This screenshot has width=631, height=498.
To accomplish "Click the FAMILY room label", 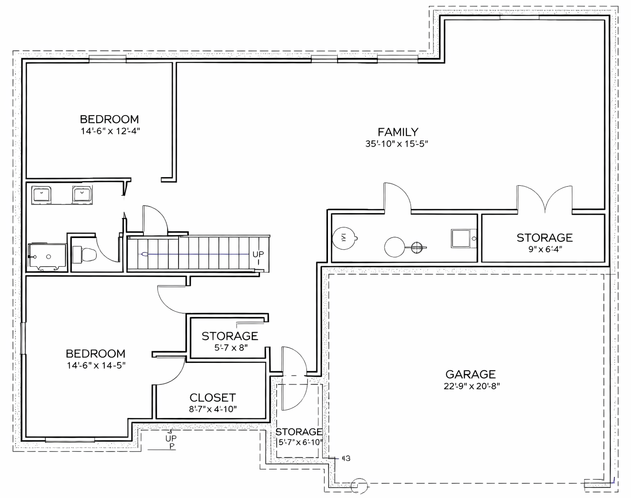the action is click(x=398, y=132).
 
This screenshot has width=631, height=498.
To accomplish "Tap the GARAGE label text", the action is click(x=470, y=374).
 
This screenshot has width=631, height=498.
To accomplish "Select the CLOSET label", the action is click(x=213, y=398).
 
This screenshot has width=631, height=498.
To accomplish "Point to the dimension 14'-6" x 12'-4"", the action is click(x=111, y=131).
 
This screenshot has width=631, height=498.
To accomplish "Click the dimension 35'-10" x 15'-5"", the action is click(x=397, y=144).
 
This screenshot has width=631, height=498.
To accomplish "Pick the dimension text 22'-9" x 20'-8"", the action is click(x=472, y=386).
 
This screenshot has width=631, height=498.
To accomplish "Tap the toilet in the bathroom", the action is click(x=84, y=254).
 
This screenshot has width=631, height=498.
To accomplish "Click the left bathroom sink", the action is click(x=42, y=195).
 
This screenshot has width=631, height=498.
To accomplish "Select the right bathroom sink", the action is click(x=82, y=195).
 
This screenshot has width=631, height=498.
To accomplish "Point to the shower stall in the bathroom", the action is click(x=47, y=257).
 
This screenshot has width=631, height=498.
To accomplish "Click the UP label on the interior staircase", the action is click(x=258, y=255).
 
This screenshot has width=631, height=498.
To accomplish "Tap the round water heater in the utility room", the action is click(x=394, y=247).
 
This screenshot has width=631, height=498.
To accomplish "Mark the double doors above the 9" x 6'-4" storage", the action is click(x=545, y=198).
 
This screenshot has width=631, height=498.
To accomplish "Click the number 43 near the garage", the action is click(x=346, y=458).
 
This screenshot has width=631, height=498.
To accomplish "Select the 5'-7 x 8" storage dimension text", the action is click(x=231, y=348).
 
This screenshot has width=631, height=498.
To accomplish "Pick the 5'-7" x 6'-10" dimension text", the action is click(x=299, y=442).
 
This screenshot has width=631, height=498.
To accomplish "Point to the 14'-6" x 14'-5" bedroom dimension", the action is click(x=96, y=365).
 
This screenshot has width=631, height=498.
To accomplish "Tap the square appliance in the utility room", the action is click(x=461, y=239).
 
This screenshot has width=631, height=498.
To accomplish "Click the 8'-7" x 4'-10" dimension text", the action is click(x=213, y=409).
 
